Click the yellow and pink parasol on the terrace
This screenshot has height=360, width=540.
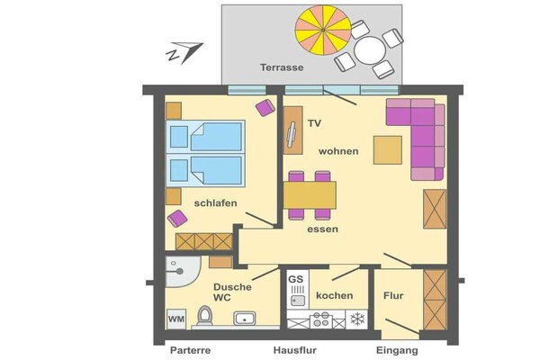[323, 30]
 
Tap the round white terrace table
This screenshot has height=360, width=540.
[370, 50]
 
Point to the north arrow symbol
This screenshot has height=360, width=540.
[184, 52]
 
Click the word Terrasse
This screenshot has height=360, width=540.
[282, 67]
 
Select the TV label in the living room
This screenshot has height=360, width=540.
[314, 123]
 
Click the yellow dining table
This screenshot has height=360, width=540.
[310, 195]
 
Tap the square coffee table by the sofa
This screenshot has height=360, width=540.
[388, 150]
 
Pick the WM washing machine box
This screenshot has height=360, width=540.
[176, 319]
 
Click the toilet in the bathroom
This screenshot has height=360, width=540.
[205, 316]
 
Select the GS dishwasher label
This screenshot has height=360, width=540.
[295, 279]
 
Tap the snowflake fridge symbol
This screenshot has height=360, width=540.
[357, 319]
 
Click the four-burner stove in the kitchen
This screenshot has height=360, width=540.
[321, 319]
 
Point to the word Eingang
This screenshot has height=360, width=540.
[397, 351]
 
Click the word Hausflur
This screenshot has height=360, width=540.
[295, 350]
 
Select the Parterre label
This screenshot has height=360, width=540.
[191, 350]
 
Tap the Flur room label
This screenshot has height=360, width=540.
[393, 295]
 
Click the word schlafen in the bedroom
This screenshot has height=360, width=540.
[216, 202]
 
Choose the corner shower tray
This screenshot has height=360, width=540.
[183, 272]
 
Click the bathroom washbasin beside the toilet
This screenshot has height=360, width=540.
[245, 319]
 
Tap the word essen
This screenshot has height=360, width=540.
[323, 229]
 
